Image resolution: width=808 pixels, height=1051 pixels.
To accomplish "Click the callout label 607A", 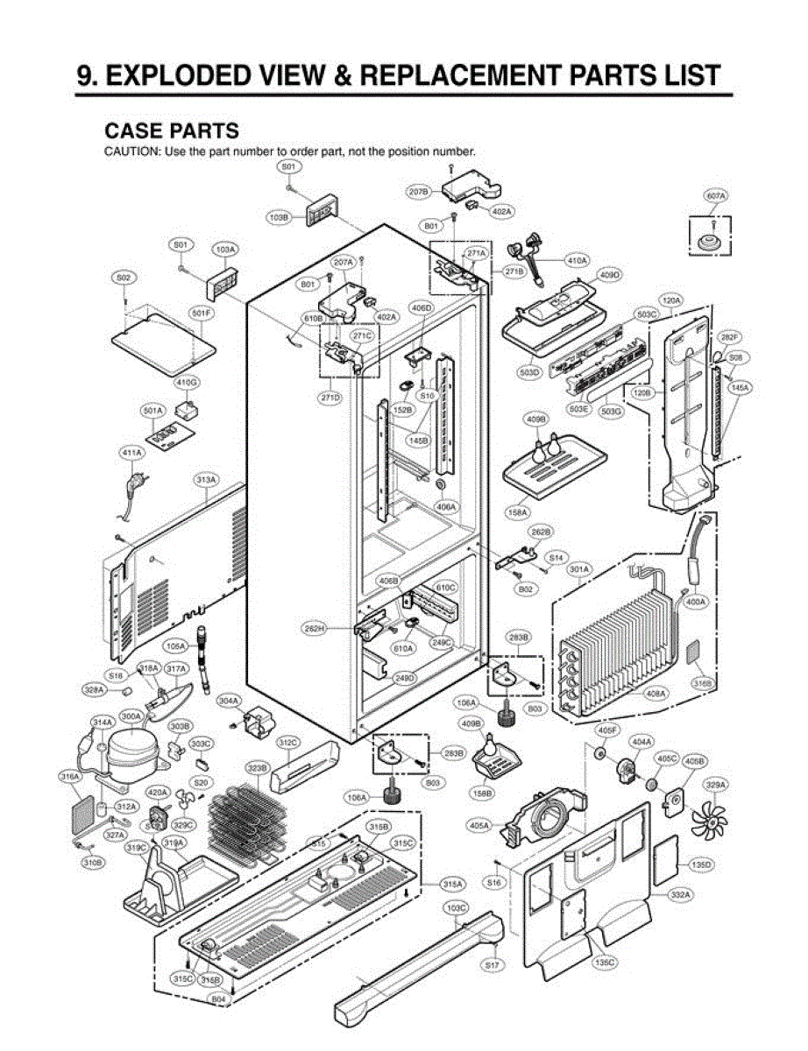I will coord(717,196).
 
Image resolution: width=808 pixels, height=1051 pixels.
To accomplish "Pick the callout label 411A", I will coord(131,453).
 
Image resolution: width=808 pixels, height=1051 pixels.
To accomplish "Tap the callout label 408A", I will coord(656,694).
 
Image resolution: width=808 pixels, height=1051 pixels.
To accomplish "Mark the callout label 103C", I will coord(456,907).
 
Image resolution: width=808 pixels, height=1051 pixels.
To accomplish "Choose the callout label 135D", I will coord(701,864).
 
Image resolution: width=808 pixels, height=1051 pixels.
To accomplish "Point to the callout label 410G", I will coord(186,383).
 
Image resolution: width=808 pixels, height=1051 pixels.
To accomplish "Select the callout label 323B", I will coord(257,767).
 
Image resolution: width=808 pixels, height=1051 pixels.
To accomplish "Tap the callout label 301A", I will coord(579,570).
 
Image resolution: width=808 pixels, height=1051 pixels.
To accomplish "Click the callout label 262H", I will coord(316,627).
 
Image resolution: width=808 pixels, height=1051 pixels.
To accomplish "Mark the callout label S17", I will coord(492,964).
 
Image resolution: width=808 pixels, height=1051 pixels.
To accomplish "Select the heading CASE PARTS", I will coord(171,130).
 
